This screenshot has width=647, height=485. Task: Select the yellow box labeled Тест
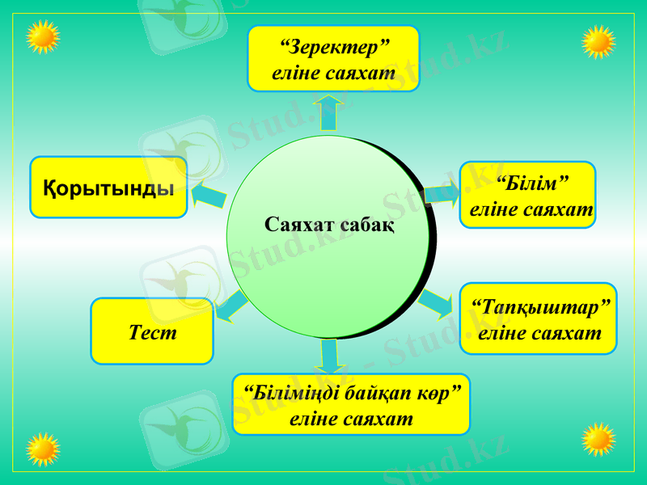[x=152, y=331]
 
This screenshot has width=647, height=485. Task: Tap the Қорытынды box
[x=108, y=188]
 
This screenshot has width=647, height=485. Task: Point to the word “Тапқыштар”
[x=539, y=307]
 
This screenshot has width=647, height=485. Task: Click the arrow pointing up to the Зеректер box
[x=328, y=111]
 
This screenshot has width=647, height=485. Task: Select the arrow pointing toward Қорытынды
[x=209, y=195]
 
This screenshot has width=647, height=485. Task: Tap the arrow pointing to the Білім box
[x=442, y=193]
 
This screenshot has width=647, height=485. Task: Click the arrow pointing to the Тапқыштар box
[x=436, y=302]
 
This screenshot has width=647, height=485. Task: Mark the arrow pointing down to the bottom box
[x=328, y=356]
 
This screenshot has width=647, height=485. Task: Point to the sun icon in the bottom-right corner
[x=599, y=440]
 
